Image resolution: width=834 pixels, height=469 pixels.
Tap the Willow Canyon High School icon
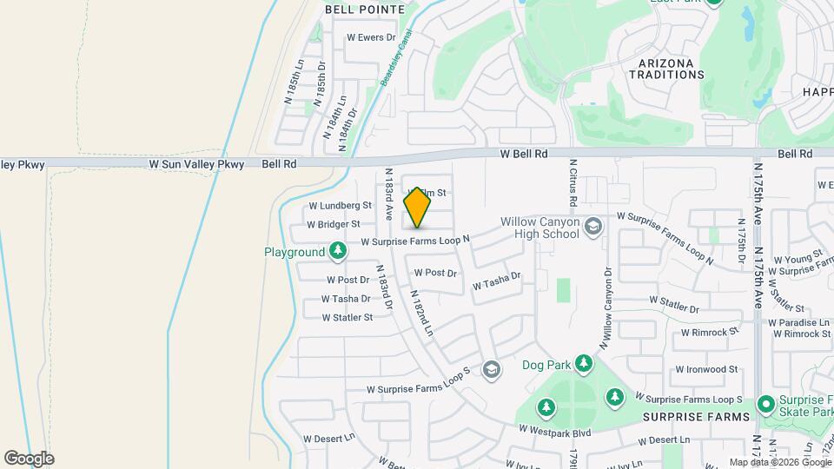[593, 227]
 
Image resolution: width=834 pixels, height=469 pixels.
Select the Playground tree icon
[338, 252]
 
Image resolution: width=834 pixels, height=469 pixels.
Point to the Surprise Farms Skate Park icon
[765, 405]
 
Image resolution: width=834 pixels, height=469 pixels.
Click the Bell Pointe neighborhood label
[365, 10]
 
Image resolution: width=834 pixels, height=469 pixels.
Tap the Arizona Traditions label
[671, 69]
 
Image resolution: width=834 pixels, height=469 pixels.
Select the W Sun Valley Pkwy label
[196, 163]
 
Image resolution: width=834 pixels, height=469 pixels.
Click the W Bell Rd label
[524, 154]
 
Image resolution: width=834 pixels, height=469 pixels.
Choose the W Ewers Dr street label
[371, 37]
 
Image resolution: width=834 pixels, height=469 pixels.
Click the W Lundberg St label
[340, 206]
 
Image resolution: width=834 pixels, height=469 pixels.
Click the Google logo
[29, 459]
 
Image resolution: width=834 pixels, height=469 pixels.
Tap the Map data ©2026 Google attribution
[779, 462]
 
